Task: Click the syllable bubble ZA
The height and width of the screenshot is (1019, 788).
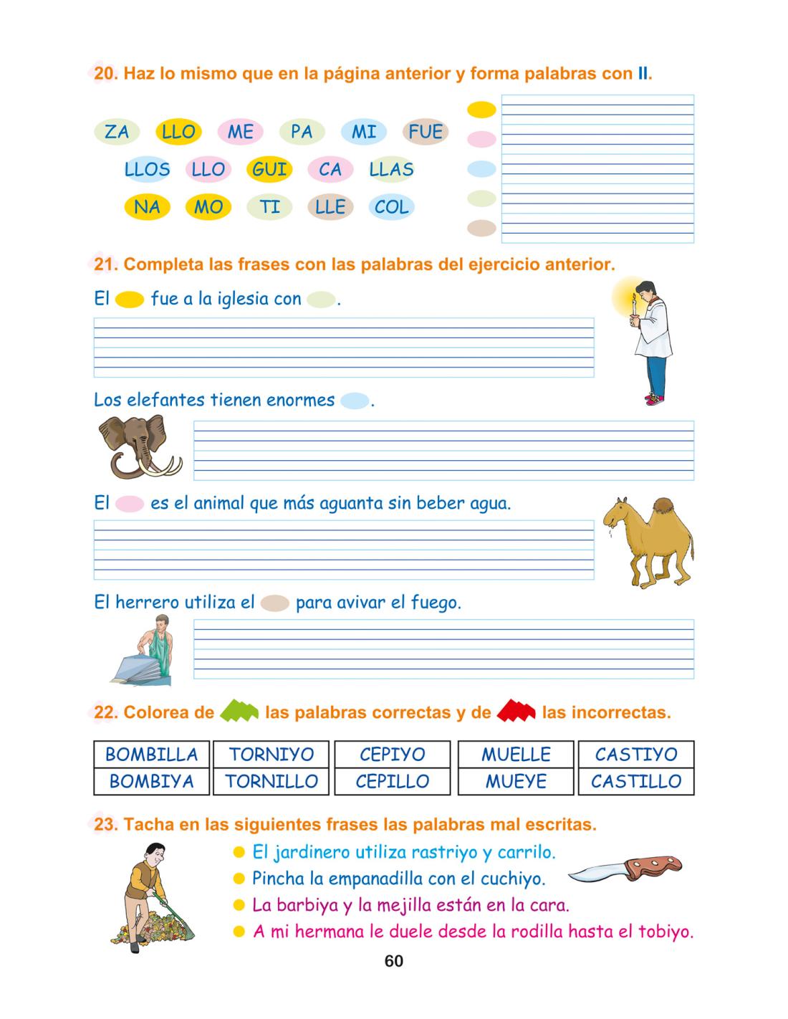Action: pyautogui.click(x=117, y=132)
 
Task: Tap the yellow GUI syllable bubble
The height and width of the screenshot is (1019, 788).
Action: pyautogui.click(x=269, y=170)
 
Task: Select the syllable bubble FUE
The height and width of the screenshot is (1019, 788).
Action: pyautogui.click(x=426, y=132)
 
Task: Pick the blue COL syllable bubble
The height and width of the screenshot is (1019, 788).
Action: pyautogui.click(x=391, y=208)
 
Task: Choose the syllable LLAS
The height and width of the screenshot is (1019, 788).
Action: pyautogui.click(x=391, y=170)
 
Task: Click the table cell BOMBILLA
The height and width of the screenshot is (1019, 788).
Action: pyautogui.click(x=151, y=755)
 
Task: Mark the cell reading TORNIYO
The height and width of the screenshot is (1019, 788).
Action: pyautogui.click(x=271, y=755)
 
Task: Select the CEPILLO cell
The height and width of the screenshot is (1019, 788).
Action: pyautogui.click(x=393, y=781)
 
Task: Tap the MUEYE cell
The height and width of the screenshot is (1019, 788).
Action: pyautogui.click(x=516, y=781)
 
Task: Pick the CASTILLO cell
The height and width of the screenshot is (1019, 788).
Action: pyautogui.click(x=636, y=781)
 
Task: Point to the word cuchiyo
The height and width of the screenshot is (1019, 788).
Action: pyautogui.click(x=513, y=879)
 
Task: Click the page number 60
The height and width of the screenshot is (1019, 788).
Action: pyautogui.click(x=394, y=962)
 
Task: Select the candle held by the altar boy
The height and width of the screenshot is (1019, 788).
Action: pyautogui.click(x=633, y=307)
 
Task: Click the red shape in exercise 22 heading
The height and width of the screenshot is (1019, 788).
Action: pyautogui.click(x=516, y=711)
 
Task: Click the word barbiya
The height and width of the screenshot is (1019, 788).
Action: pyautogui.click(x=307, y=905)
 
